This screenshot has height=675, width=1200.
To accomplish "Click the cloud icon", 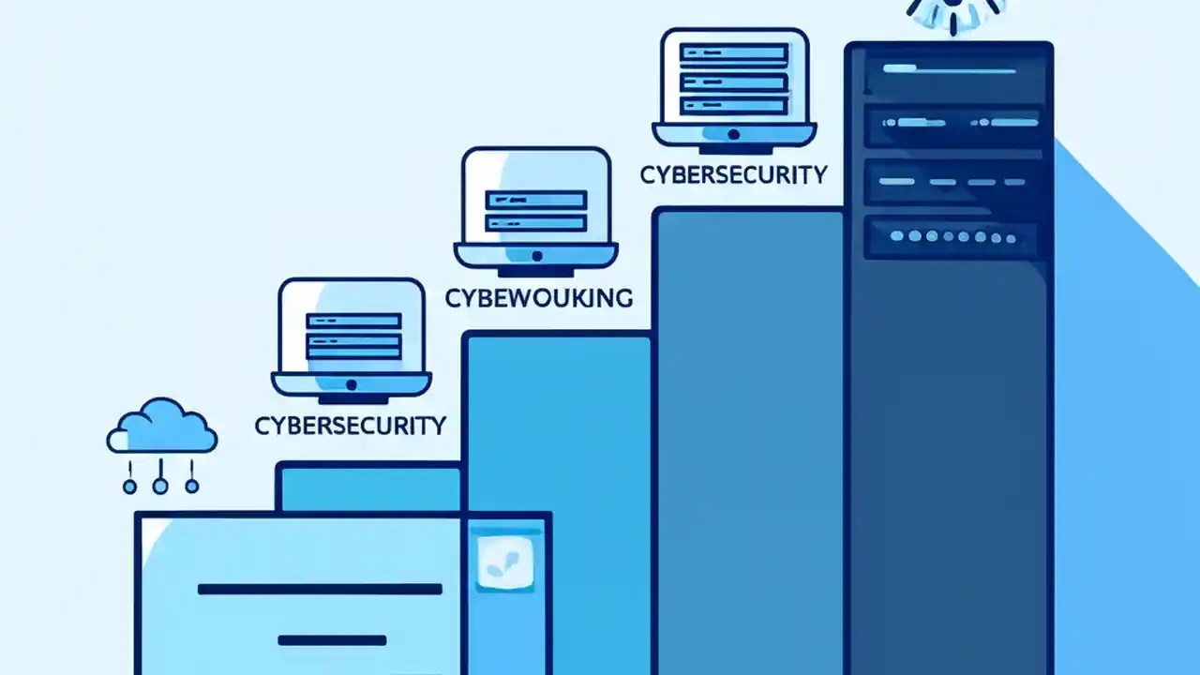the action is click(162, 426).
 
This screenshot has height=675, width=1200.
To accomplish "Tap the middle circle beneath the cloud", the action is click(160, 487).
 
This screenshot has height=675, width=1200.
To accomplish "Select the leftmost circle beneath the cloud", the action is click(129, 487).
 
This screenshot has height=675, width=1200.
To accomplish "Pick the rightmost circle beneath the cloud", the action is click(192, 487).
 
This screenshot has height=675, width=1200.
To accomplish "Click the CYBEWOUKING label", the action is click(539, 298).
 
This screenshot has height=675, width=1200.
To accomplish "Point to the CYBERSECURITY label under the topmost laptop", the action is click(734, 175).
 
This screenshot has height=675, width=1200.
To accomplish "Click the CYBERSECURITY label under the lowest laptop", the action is click(351, 426).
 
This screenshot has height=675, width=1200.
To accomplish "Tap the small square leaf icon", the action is click(505, 562).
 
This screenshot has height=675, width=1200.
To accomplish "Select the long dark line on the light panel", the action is click(320, 590).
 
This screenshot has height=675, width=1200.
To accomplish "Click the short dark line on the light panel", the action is click(332, 640).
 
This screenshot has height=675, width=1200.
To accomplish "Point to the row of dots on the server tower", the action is click(953, 237).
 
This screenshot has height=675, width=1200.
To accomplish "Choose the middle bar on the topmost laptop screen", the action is click(734, 82).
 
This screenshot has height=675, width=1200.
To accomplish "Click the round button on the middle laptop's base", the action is click(537, 256).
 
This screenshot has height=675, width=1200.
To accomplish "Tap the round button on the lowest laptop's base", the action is click(352, 384).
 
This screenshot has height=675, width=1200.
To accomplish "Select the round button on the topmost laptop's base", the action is click(734, 134).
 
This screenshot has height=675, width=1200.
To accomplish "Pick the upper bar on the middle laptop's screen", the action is click(535, 200).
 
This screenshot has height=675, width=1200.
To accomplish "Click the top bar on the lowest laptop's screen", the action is click(353, 321).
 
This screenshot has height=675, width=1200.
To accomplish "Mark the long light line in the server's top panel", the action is click(950, 69).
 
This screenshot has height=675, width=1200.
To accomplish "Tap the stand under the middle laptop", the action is click(535, 273).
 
